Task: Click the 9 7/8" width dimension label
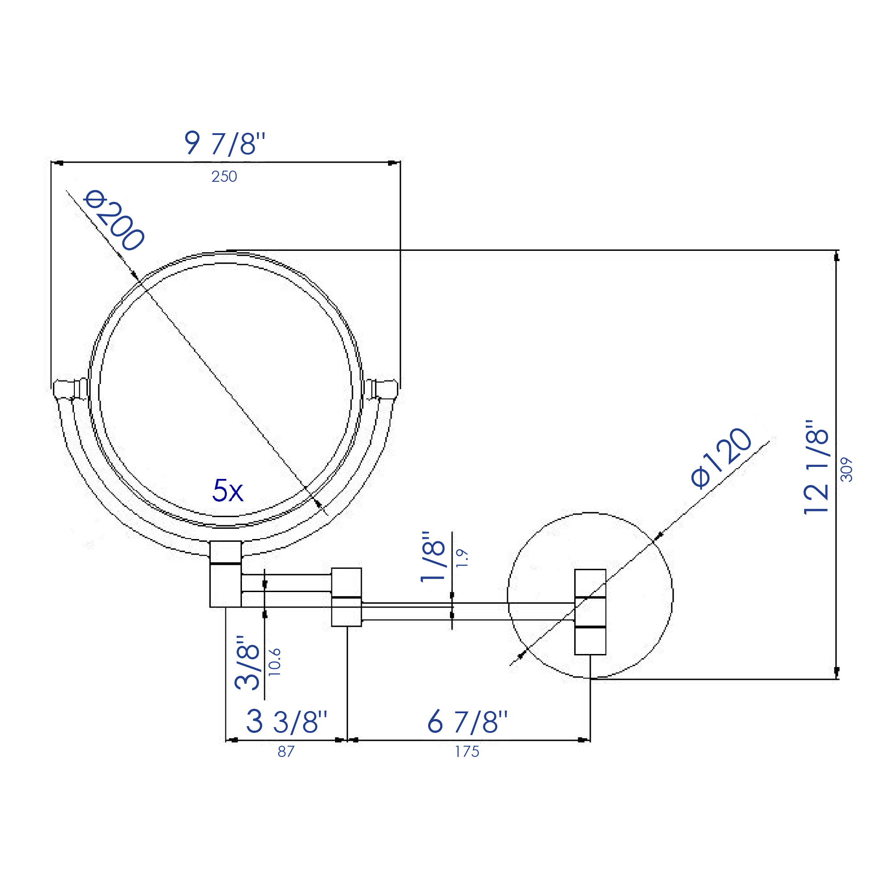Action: click(225, 143)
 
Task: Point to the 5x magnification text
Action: click(227, 490)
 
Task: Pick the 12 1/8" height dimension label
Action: click(816, 467)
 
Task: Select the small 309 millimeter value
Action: click(847, 470)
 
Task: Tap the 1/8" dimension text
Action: click(433, 556)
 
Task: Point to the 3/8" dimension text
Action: click(248, 663)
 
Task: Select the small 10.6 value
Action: click(275, 662)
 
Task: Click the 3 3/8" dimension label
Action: click(286, 722)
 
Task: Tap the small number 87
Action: click(286, 752)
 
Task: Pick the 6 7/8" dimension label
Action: click(467, 722)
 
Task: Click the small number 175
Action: click(467, 752)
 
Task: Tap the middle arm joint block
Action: click(346, 597)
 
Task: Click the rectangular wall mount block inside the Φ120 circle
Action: click(590, 612)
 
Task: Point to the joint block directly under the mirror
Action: click(225, 574)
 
